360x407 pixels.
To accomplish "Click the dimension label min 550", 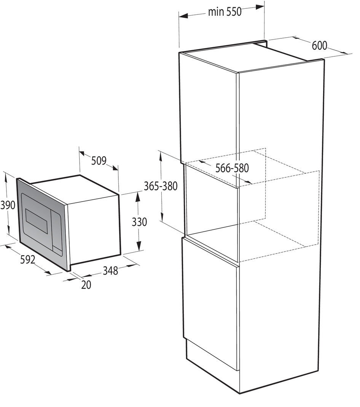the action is (x=225, y=12).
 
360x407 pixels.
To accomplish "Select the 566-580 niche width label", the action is (x=232, y=168).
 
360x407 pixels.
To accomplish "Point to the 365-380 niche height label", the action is (x=161, y=186).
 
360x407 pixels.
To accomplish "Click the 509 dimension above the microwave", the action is (x=99, y=161).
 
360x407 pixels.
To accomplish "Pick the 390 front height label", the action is (x=8, y=205).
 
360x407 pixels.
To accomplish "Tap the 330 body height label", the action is (x=139, y=222).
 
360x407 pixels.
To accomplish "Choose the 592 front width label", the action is (x=28, y=259).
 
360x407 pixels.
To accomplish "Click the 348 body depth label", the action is (x=110, y=270).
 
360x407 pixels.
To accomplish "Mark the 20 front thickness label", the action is (x=86, y=285).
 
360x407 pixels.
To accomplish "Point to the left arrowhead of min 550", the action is (x=183, y=16).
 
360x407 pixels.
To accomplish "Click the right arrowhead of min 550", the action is (x=260, y=7).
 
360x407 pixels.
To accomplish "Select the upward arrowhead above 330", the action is (x=138, y=197).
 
